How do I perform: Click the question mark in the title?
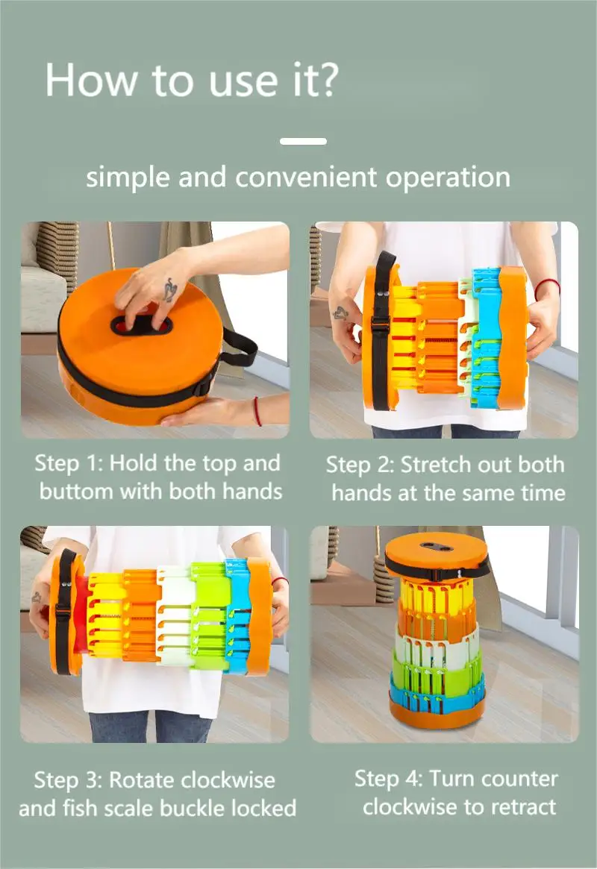coord(325,79)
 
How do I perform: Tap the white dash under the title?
coord(303,141)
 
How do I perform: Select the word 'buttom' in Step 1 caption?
coord(77,492)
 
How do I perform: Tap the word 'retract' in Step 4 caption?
coord(523,807)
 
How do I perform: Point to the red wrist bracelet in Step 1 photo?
coord(257,411)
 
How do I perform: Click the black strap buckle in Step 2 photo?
coord(380,324)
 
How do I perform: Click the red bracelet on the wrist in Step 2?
coord(546,287)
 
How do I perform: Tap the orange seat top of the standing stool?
coord(437,552)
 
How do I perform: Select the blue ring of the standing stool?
coord(437,693)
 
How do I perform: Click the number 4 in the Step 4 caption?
coord(413,779)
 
